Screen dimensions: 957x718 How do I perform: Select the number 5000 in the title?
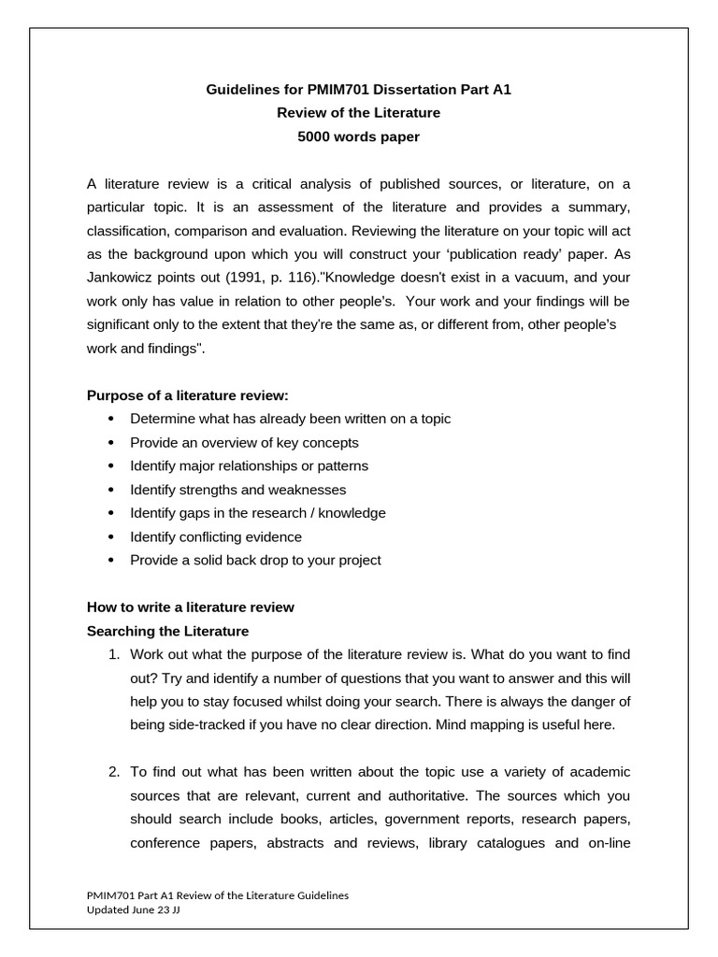click(312, 136)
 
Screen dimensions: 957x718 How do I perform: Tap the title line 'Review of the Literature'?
click(358, 113)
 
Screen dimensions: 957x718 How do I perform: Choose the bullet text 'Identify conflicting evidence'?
click(216, 536)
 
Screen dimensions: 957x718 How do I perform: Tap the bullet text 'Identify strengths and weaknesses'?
click(237, 490)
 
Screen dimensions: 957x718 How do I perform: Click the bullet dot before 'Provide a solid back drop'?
click(111, 561)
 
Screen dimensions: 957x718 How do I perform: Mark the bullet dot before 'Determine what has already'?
click(111, 419)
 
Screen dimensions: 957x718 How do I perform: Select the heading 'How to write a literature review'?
click(190, 607)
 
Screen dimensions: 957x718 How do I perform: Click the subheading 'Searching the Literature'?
click(167, 631)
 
